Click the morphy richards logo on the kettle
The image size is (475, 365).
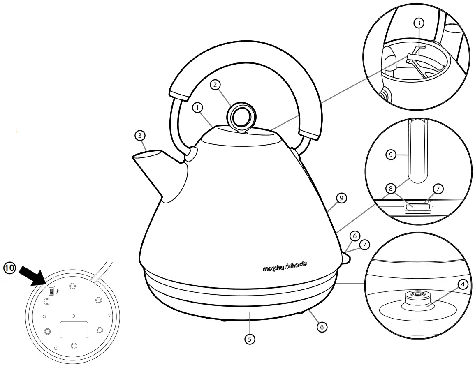[285, 266]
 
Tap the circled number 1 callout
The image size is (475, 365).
[198, 108]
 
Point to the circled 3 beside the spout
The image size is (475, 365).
[140, 135]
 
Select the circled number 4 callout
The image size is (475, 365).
[463, 284]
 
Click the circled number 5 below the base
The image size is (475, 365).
[249, 339]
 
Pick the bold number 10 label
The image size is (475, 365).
[9, 268]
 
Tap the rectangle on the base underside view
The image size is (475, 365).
[74, 329]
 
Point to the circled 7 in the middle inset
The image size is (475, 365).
[438, 189]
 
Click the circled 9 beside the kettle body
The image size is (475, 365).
[341, 198]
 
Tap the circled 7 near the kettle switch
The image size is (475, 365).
[364, 245]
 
